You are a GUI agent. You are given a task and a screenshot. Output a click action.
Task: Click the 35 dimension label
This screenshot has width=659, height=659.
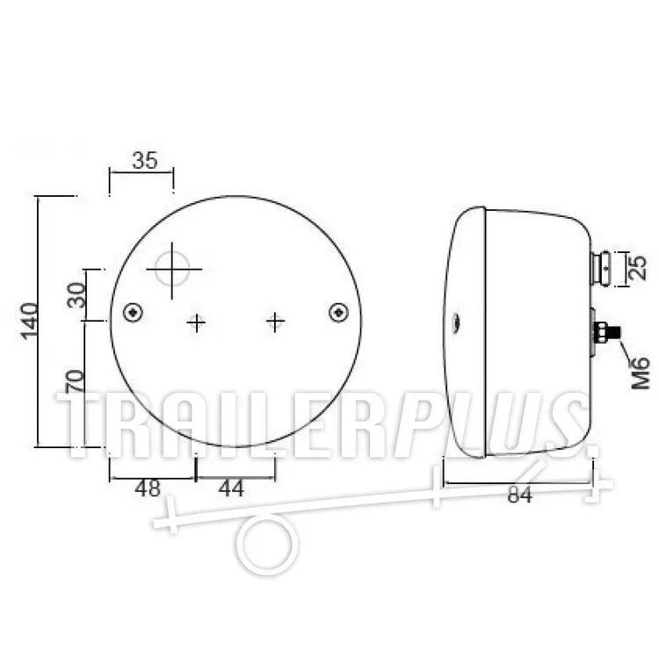[x=145, y=160]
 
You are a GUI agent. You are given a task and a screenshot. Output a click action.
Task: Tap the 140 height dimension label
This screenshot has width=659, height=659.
[x=30, y=321]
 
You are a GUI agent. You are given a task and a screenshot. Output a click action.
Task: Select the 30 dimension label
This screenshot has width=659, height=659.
[x=76, y=295]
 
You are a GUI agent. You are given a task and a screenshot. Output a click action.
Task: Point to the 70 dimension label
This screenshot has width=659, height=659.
[x=76, y=381]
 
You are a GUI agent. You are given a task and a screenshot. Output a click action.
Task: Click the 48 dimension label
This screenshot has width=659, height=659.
[x=148, y=489]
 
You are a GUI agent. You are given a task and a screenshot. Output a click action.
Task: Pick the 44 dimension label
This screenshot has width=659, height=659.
[x=231, y=489]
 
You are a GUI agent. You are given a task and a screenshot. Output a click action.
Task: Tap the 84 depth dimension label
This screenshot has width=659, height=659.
[x=520, y=494]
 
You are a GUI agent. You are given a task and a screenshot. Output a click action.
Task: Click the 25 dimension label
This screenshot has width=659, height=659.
[x=638, y=268]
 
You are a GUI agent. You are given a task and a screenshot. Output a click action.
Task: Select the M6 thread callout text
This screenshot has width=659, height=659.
[x=641, y=373]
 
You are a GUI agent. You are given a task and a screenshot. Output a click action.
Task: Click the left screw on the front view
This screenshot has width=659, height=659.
[x=134, y=313]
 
